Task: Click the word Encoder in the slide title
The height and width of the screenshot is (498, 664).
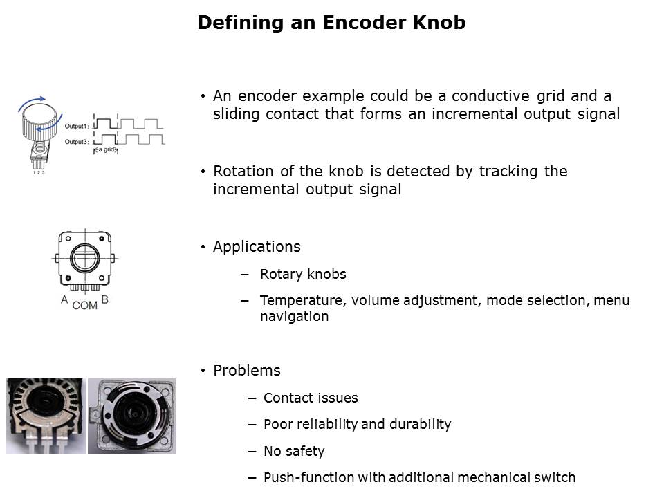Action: [x=364, y=22]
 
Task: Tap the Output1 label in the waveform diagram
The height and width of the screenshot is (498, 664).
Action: [x=77, y=126]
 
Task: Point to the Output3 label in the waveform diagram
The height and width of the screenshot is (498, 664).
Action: [x=77, y=142]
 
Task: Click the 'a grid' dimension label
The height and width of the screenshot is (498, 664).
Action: [x=106, y=149]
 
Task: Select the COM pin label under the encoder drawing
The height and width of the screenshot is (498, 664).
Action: [x=84, y=305]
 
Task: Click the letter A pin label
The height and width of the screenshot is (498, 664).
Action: [x=64, y=299]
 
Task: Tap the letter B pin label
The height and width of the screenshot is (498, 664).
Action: [x=105, y=299]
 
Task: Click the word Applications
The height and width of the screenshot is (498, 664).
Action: [x=257, y=247]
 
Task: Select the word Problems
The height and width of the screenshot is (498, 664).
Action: [x=246, y=371]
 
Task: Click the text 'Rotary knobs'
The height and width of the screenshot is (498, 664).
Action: [x=303, y=275]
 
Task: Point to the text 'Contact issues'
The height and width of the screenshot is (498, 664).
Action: [x=311, y=398]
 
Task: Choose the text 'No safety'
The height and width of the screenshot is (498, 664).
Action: [x=294, y=452]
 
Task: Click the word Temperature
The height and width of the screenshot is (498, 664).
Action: [x=303, y=301]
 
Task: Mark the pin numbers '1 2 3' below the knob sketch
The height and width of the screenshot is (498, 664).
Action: [x=39, y=173]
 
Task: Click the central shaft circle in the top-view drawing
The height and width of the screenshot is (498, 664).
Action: [x=85, y=258]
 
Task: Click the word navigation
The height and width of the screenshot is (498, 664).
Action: [x=295, y=317]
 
